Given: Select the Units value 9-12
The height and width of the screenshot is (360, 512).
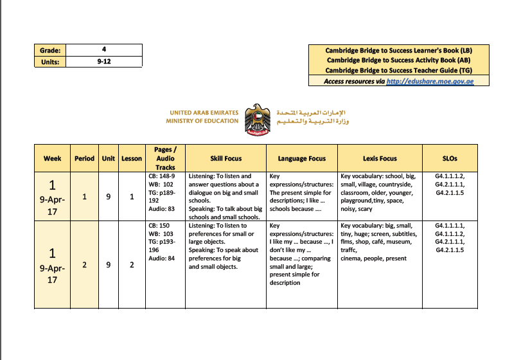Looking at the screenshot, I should point(103,62).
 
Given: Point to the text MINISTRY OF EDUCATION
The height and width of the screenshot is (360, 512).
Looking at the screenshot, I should point(202,121).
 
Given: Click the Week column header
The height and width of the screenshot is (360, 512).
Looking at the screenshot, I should point(53,158).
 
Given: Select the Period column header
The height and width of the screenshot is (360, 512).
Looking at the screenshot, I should point(84,158).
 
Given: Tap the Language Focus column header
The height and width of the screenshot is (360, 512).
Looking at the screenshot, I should point(301,158).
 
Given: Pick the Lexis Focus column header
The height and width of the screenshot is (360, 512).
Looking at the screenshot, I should point(380,158).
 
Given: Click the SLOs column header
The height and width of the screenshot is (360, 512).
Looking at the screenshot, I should point(450,158).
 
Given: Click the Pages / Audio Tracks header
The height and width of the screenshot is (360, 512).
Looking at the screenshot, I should point(164,158).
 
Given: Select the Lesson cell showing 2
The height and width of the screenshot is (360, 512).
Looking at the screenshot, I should point(132,264).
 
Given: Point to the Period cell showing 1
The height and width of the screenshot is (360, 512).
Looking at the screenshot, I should point(84,196).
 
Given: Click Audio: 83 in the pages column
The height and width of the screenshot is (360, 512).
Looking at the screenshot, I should point(161,209).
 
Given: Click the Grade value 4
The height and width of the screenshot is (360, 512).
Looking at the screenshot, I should point(103,50).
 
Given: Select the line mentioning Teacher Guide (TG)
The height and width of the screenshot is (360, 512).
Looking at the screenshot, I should point(398,70).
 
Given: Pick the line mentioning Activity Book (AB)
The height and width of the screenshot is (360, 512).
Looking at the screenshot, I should point(398,60).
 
